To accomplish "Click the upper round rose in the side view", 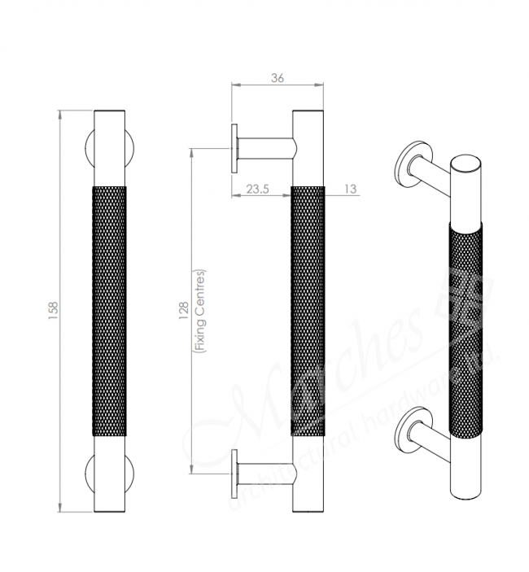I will coord(234,148).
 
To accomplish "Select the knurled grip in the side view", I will coord(308,310).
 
